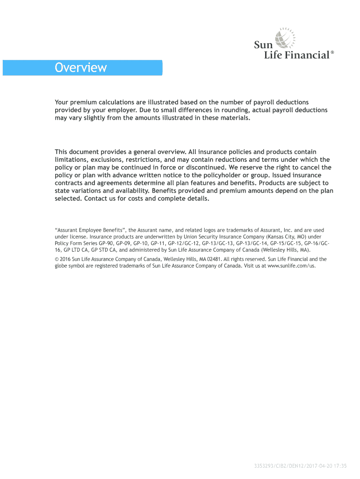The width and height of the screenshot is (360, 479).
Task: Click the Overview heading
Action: (80, 68)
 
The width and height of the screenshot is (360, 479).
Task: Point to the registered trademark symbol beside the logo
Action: (332, 53)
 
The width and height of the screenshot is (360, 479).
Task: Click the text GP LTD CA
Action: (71, 250)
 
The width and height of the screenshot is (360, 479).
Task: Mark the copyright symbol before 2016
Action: (57, 259)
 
